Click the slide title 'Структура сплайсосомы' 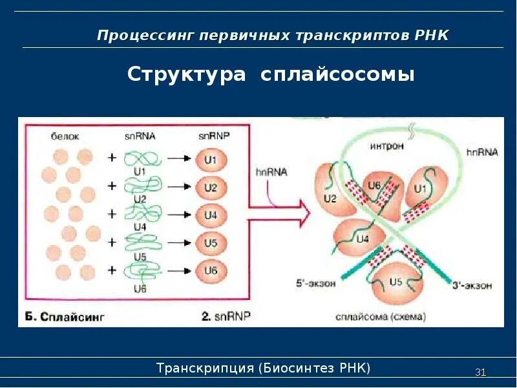[271, 74]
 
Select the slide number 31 [480, 372]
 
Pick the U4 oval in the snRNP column [211, 215]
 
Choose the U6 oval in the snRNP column [211, 271]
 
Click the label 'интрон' [387, 146]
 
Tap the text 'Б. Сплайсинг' [64, 317]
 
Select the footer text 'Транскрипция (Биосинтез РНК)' [263, 369]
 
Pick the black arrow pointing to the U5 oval [180, 243]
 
